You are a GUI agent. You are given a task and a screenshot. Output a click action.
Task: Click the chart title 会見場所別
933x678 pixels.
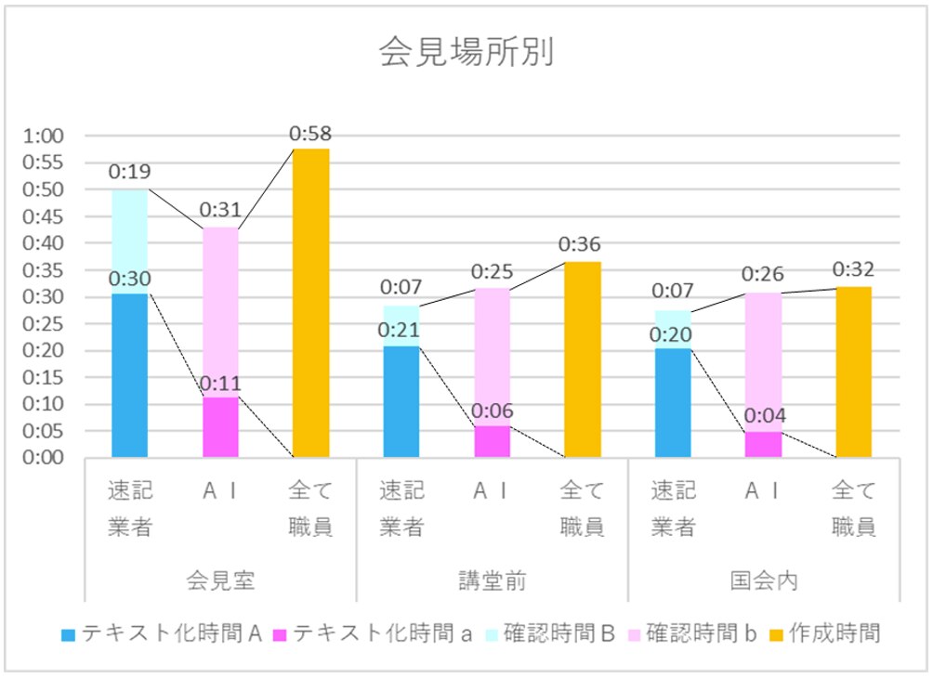pyautogui.click(x=466, y=53)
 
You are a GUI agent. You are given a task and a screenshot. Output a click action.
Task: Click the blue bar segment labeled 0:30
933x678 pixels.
pyautogui.click(x=129, y=375)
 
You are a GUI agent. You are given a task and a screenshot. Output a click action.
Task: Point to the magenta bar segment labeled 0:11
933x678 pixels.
pyautogui.click(x=220, y=427)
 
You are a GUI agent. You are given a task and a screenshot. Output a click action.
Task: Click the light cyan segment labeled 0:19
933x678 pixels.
pyautogui.click(x=129, y=241)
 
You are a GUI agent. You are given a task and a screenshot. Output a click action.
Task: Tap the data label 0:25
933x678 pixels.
pyautogui.click(x=492, y=272)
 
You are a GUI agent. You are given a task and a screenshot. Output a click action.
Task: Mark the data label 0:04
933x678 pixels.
pyautogui.click(x=763, y=415)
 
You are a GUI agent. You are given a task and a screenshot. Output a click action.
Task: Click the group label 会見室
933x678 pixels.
pyautogui.click(x=220, y=581)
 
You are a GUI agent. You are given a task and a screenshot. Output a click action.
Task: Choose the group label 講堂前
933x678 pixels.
pyautogui.click(x=492, y=581)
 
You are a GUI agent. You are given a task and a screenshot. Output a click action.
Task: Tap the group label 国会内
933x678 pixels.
pyautogui.click(x=763, y=581)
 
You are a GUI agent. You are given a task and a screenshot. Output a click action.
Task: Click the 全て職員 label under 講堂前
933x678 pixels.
pyautogui.click(x=583, y=508)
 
